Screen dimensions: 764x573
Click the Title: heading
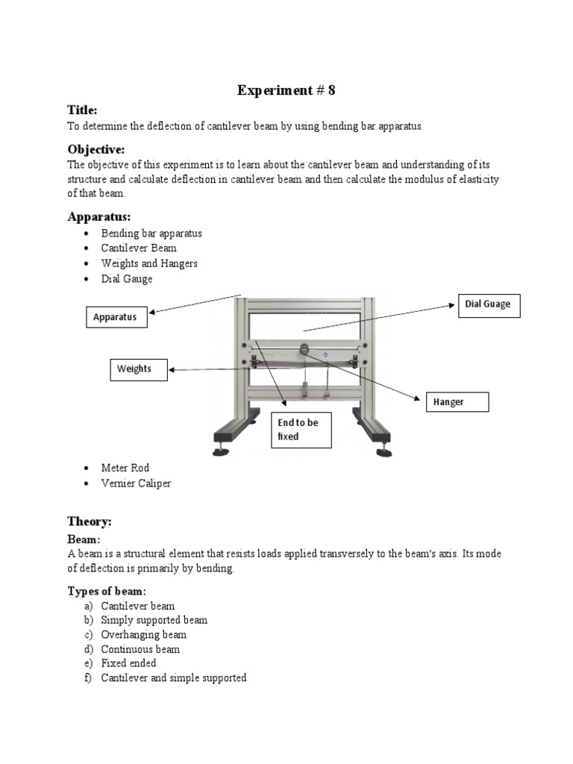pyautogui.click(x=82, y=110)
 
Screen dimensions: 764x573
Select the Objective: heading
pyautogui.click(x=96, y=148)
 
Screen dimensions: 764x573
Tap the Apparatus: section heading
pyautogui.click(x=99, y=216)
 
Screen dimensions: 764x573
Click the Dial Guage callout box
pyautogui.click(x=488, y=305)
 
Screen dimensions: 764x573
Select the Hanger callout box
pyautogui.click(x=456, y=402)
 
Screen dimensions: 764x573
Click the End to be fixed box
pyautogui.click(x=300, y=430)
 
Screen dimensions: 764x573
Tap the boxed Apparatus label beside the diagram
pyautogui.click(x=116, y=317)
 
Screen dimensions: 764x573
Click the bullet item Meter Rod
pyautogui.click(x=125, y=468)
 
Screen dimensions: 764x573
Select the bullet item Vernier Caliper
pyautogui.click(x=136, y=483)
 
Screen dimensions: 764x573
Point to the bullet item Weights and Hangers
pyautogui.click(x=149, y=263)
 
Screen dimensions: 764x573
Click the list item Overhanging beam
pyautogui.click(x=144, y=635)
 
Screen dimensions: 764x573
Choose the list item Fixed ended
pyautogui.click(x=128, y=663)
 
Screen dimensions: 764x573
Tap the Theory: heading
pyautogui.click(x=90, y=522)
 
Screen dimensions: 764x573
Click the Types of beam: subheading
pyautogui.click(x=107, y=592)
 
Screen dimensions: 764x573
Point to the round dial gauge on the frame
pyautogui.click(x=304, y=349)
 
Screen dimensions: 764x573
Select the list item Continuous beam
pyautogui.click(x=140, y=649)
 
